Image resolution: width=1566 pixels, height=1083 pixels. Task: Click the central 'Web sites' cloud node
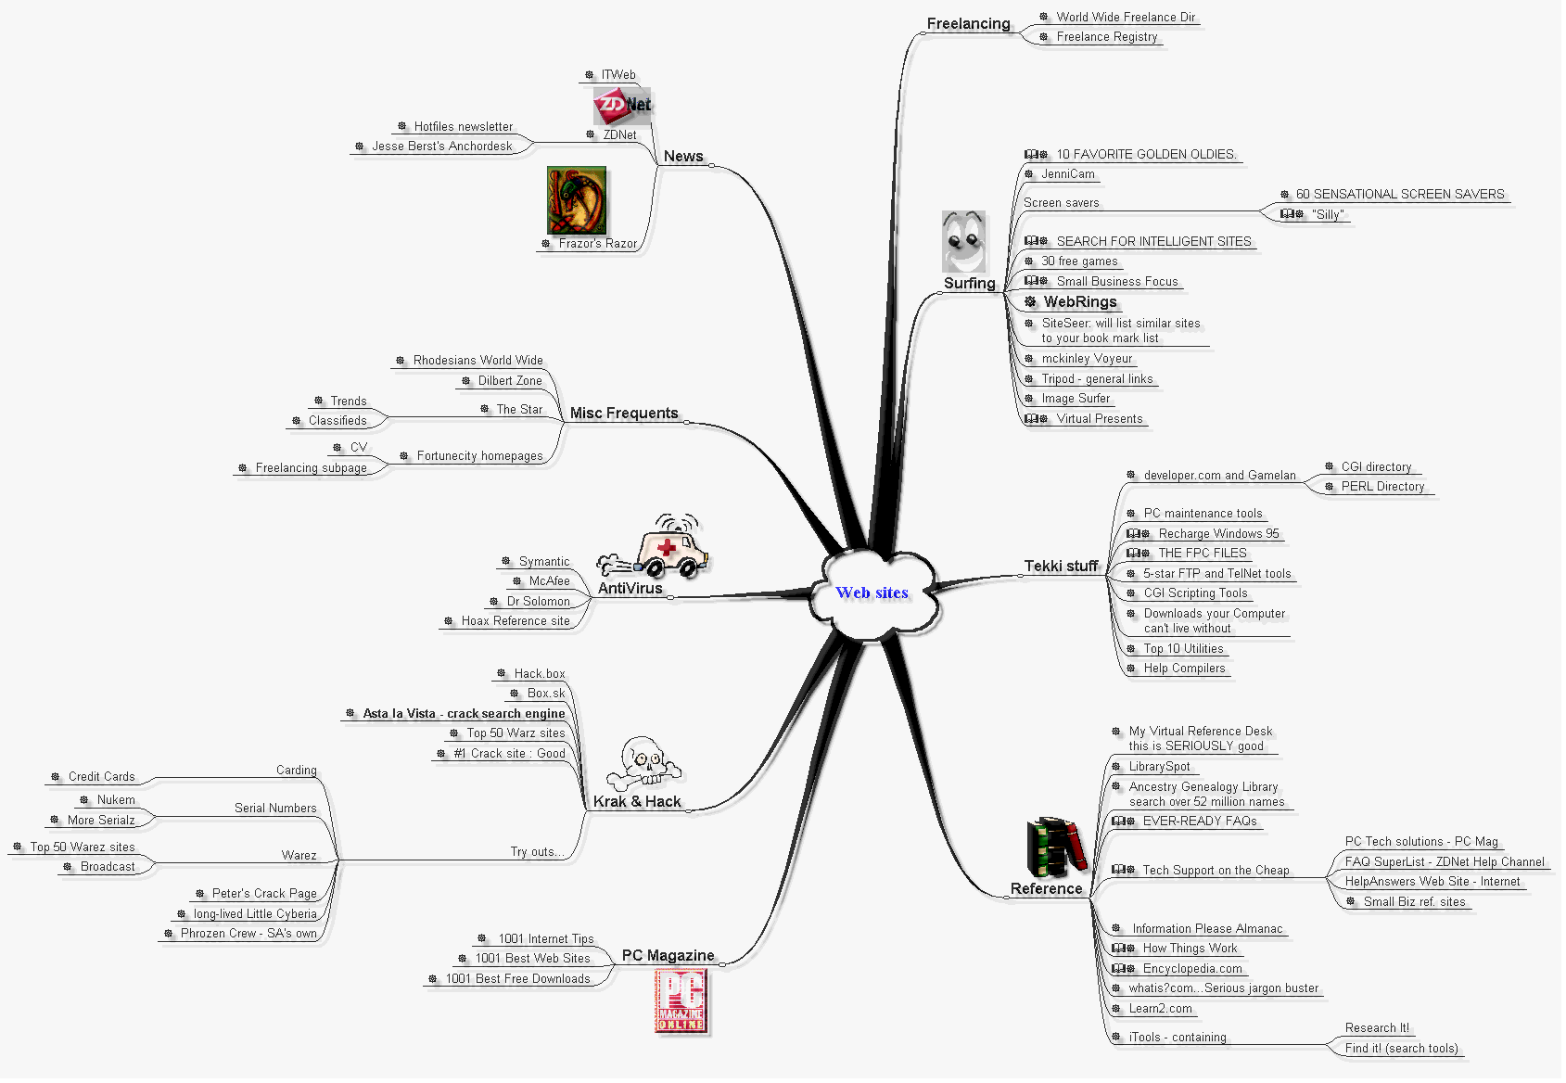[872, 593]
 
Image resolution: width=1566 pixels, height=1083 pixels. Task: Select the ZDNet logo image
[622, 106]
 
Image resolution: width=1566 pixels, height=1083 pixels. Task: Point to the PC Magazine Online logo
[681, 1000]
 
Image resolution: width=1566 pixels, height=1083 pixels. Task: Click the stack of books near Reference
[1056, 846]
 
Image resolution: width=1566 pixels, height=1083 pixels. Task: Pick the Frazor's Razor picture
[576, 200]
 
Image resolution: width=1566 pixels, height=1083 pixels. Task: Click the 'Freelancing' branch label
[968, 24]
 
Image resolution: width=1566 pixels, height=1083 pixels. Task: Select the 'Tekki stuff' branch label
[1061, 567]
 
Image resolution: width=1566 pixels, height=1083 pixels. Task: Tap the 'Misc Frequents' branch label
[624, 414]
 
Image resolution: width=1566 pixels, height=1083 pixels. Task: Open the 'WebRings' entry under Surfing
[1080, 302]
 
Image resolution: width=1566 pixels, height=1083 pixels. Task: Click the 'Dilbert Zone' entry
[510, 381]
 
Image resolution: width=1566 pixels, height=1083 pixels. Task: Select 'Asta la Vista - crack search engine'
[464, 714]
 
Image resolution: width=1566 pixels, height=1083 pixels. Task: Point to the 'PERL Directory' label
[1382, 487]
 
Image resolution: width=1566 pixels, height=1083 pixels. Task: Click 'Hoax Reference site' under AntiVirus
[516, 621]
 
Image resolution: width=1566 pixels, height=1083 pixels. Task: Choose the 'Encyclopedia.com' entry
[1192, 969]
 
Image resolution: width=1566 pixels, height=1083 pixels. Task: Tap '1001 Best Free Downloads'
[517, 979]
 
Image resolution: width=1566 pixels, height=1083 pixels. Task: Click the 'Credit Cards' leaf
[101, 777]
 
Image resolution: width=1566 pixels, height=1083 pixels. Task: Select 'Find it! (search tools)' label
[1401, 1049]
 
